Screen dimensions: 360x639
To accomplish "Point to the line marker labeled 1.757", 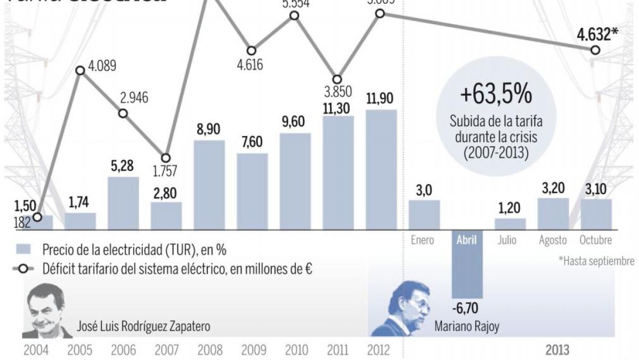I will pyautogui.click(x=166, y=158).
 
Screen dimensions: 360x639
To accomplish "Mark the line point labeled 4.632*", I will pyautogui.click(x=595, y=50).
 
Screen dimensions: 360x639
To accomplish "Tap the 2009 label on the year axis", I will pyautogui.click(x=253, y=350).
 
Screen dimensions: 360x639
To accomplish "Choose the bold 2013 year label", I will pyautogui.click(x=557, y=350).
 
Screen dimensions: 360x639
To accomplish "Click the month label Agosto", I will pyautogui.click(x=553, y=241).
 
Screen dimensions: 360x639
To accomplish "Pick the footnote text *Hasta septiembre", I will pyautogui.click(x=596, y=261).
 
